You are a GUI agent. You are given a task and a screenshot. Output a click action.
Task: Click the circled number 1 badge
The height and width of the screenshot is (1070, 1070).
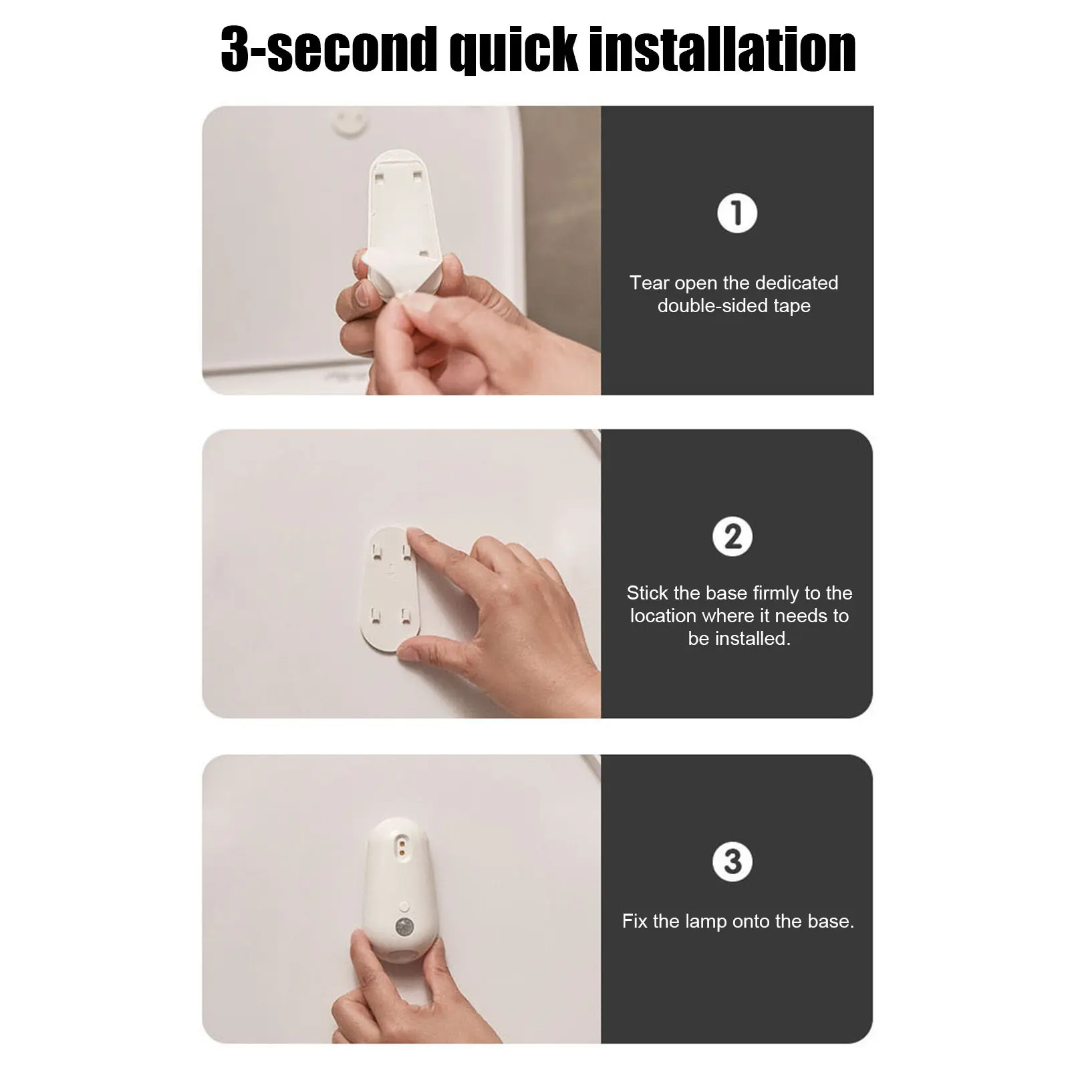[737, 214]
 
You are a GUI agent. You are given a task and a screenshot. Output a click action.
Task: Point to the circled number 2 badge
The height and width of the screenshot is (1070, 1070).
[732, 537]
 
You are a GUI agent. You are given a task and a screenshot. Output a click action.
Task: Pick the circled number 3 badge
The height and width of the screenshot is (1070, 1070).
[732, 861]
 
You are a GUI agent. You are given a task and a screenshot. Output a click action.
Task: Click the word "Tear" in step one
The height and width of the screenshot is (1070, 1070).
[650, 283]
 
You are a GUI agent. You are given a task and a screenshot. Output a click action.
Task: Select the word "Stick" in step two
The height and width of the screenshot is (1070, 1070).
[648, 593]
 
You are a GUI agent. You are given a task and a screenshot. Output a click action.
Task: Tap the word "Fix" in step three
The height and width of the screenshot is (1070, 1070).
[635, 921]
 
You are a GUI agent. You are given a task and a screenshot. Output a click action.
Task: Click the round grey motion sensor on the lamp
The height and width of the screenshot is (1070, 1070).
[404, 927]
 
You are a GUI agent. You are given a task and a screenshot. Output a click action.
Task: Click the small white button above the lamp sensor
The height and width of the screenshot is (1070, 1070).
[404, 906]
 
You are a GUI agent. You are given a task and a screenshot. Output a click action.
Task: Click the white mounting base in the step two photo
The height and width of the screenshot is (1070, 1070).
[390, 588]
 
